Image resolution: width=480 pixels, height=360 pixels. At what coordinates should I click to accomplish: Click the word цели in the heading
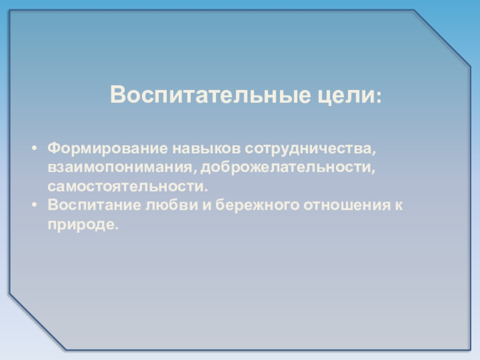pyautogui.click(x=345, y=95)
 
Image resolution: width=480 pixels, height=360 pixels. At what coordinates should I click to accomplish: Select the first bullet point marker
pyautogui.click(x=35, y=147)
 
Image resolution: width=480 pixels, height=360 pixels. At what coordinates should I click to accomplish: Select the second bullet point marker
pyautogui.click(x=35, y=205)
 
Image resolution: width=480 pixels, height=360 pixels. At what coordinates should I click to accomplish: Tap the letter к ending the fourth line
pyautogui.click(x=398, y=205)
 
